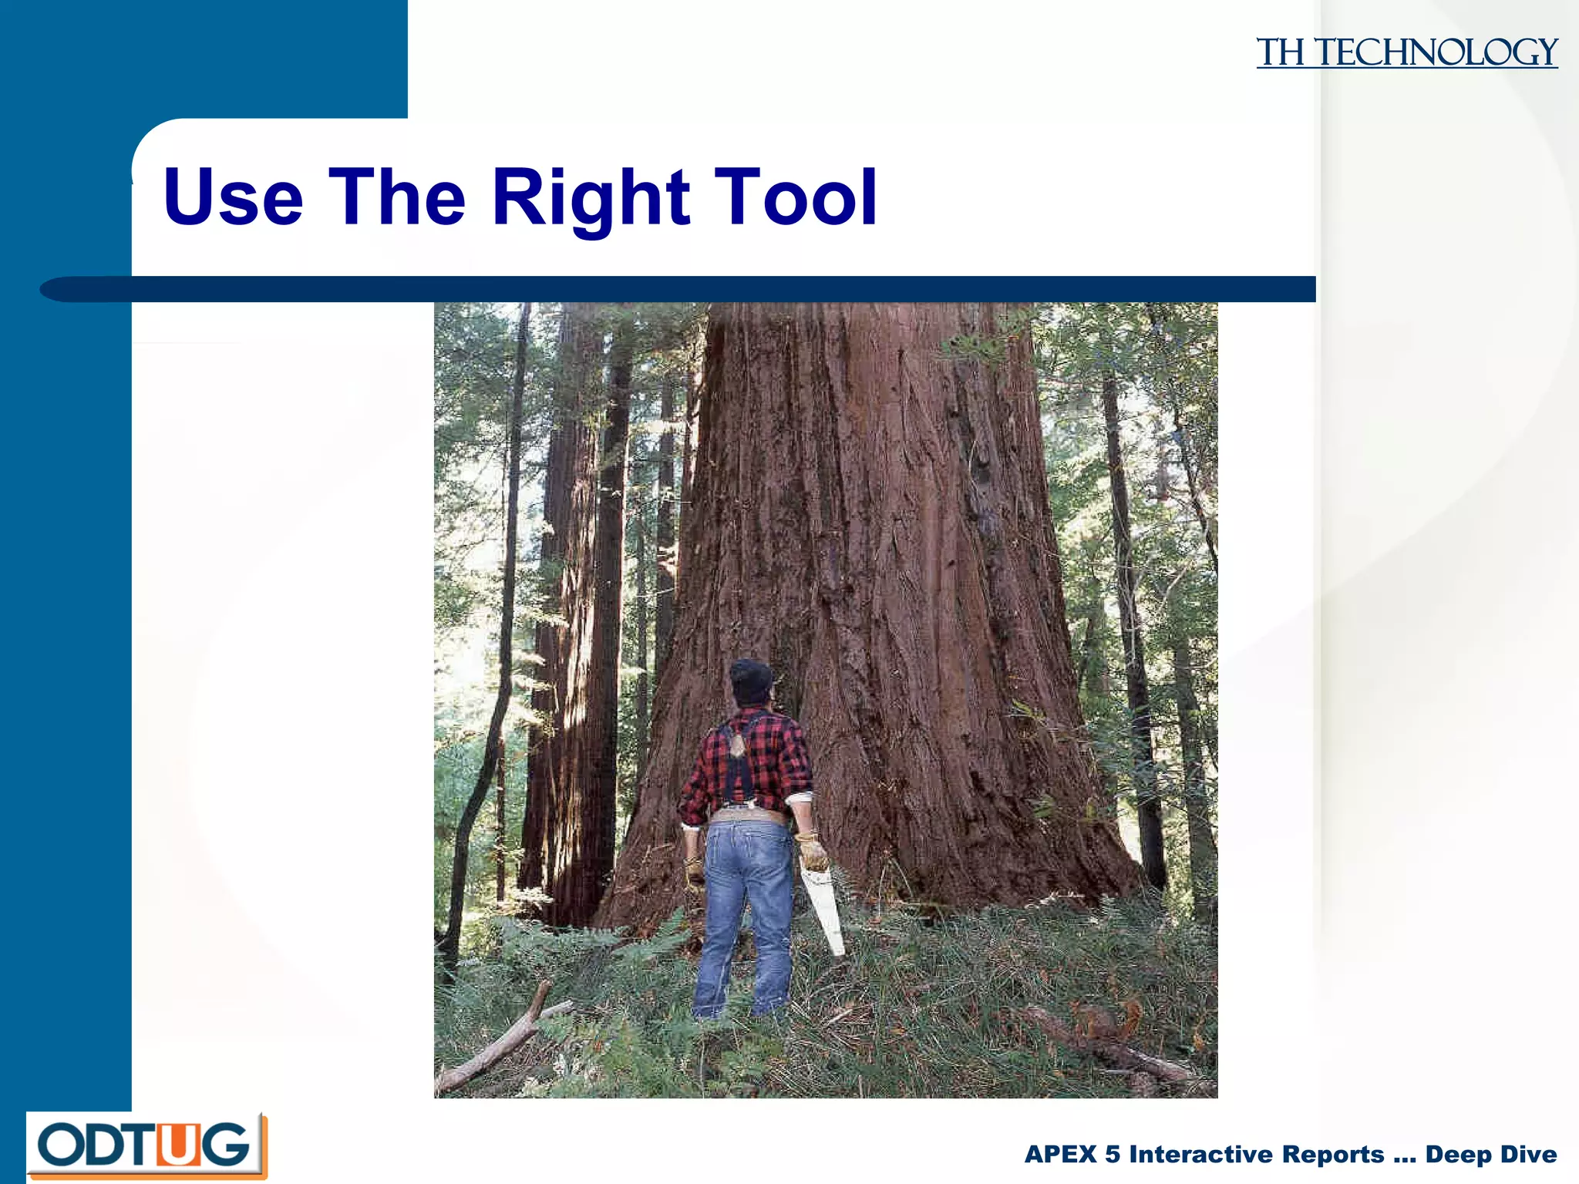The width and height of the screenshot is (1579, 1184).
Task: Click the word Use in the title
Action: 233,198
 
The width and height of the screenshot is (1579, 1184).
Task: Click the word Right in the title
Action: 591,198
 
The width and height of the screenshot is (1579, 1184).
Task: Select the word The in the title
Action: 397,198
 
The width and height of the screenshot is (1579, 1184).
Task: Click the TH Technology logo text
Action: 1406,53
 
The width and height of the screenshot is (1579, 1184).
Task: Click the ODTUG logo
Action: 146,1145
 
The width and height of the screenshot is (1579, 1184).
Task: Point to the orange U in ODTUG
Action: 177,1145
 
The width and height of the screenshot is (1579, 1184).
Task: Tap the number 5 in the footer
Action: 1112,1154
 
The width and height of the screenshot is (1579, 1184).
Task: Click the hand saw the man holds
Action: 823,910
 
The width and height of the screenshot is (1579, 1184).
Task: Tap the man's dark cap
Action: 750,678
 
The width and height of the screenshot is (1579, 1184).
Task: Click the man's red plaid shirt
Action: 771,759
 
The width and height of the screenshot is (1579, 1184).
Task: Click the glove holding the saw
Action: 811,852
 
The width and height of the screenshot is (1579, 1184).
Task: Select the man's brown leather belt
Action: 748,816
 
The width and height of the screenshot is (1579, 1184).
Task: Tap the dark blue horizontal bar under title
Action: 694,289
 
